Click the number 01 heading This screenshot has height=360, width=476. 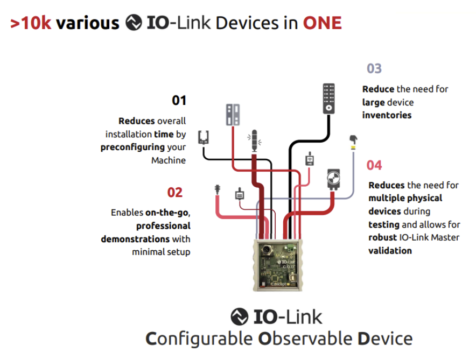(179, 101)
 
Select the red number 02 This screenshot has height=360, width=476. (174, 193)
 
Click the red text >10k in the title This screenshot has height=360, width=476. (31, 23)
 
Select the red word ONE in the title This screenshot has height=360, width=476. (322, 23)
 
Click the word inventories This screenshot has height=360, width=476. (387, 115)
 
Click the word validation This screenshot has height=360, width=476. (390, 250)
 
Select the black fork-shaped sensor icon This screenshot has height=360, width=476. (203, 137)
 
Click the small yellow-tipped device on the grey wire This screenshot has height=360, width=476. (354, 141)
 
